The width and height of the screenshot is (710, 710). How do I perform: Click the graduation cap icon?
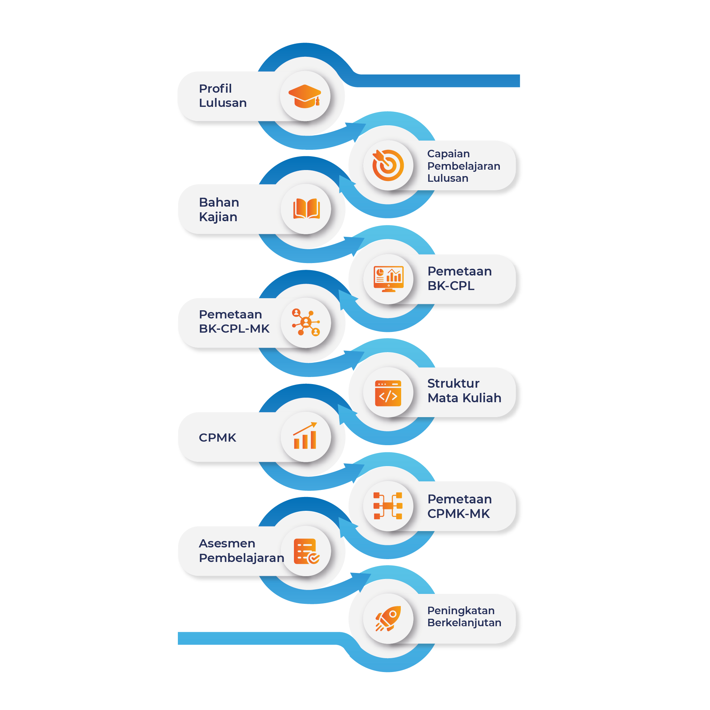305,96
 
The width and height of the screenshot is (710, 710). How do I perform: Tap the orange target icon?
388,165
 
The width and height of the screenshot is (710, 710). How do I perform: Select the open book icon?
306,209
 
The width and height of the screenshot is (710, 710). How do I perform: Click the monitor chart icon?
388,279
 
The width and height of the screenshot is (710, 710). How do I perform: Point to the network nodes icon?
306,323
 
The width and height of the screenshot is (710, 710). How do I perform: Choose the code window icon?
388,393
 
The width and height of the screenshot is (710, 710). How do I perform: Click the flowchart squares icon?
388,506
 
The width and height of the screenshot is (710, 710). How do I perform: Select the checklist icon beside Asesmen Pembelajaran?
306,551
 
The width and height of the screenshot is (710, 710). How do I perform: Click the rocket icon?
388,618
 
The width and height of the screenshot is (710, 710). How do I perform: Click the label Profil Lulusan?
223,95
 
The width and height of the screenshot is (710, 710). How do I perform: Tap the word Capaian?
448,154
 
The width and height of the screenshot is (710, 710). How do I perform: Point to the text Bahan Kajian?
219,209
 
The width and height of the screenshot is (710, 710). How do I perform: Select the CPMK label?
217,437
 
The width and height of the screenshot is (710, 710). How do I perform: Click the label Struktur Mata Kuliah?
464,390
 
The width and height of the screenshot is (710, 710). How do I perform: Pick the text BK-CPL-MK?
234,328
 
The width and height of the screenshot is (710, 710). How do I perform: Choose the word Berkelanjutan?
464,623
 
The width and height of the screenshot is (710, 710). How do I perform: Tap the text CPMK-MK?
458,513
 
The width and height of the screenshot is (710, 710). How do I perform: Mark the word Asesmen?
227,543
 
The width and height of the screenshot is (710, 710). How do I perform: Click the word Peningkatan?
461,611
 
